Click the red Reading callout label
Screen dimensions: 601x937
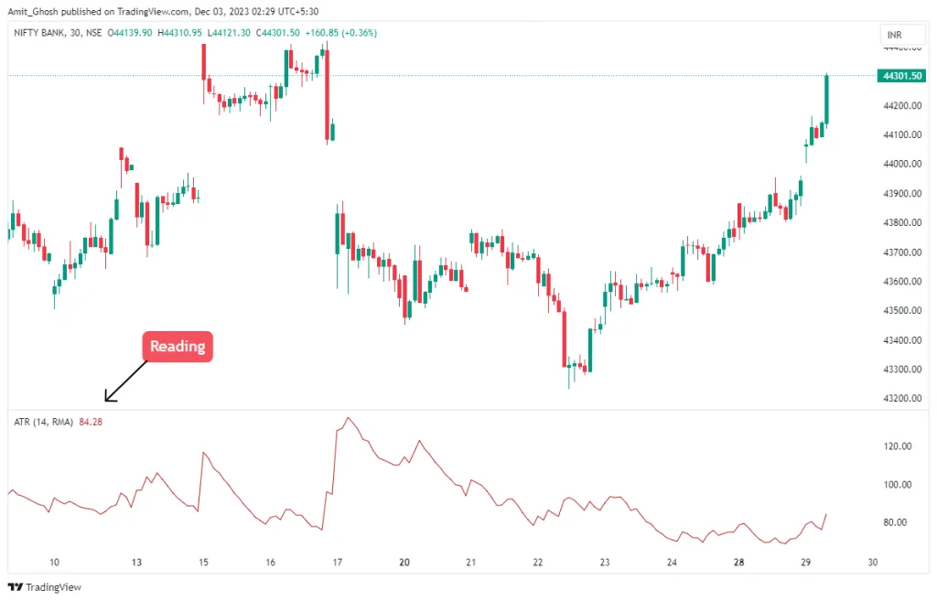[x=177, y=347]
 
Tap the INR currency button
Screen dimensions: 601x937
[x=894, y=36]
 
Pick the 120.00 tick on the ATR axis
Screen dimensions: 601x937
[x=899, y=446]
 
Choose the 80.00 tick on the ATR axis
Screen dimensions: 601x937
[x=899, y=522]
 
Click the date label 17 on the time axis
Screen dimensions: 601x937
[x=337, y=563]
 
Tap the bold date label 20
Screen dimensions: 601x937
[x=404, y=563]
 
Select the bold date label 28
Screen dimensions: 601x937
[x=738, y=563]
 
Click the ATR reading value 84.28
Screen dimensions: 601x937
[x=91, y=422]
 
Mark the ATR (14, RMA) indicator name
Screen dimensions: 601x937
[x=43, y=422]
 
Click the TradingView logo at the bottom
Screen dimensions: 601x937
[x=45, y=586]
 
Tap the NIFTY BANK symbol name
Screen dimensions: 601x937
[x=40, y=33]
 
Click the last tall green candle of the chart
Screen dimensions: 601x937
[x=826, y=99]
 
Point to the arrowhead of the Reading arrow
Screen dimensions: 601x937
[x=107, y=400]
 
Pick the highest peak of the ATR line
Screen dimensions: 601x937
[x=348, y=418]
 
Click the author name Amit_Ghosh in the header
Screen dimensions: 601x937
[x=34, y=11]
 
